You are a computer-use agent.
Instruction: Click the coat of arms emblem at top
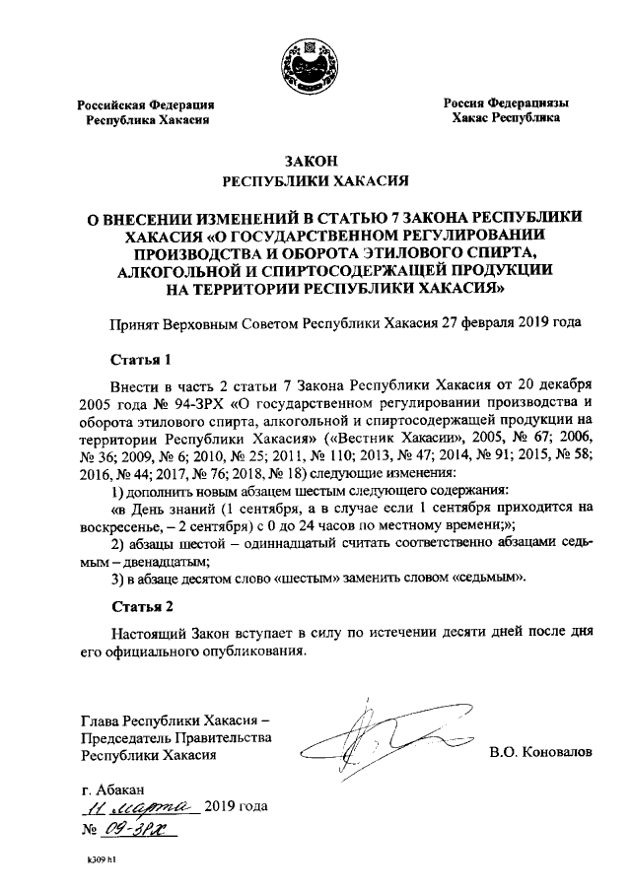click(x=310, y=59)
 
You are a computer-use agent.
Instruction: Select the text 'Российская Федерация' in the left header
click(x=146, y=104)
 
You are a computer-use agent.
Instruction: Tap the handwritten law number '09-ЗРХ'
click(x=133, y=830)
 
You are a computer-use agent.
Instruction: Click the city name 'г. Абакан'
click(x=113, y=789)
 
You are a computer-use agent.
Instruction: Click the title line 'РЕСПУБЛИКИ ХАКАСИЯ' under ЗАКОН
click(x=310, y=180)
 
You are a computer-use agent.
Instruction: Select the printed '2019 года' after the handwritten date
click(x=236, y=807)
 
